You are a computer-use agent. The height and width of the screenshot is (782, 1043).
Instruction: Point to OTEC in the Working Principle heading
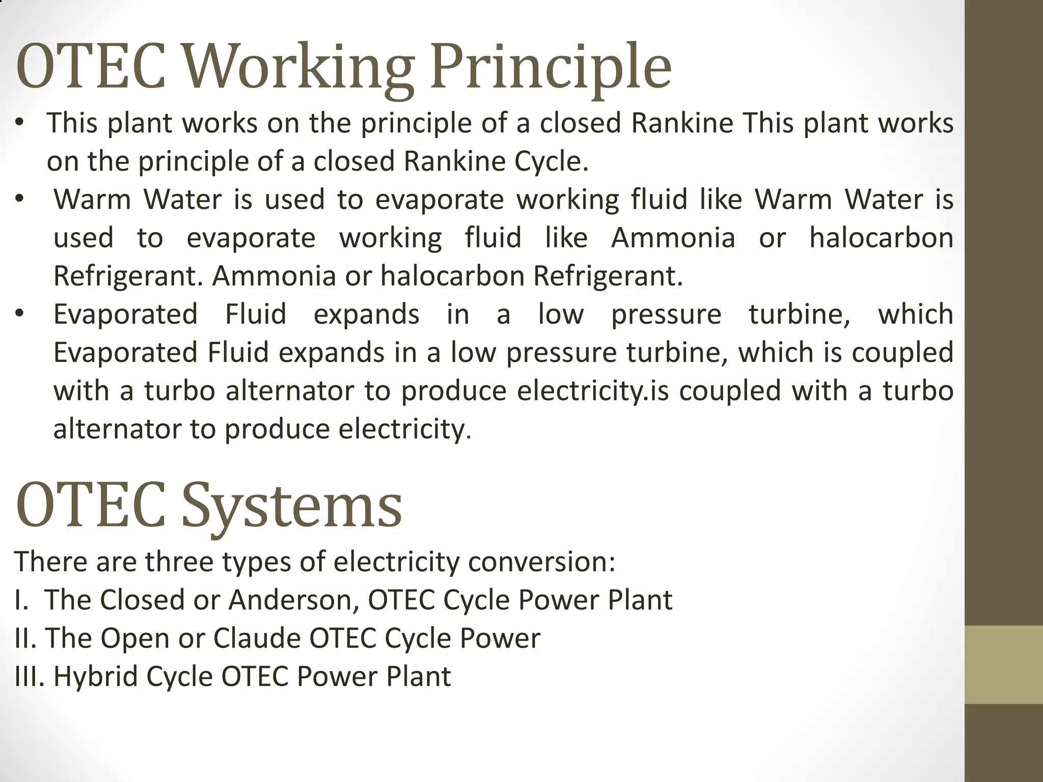[91, 68]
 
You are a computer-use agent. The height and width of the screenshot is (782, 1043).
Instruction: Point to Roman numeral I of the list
[20, 600]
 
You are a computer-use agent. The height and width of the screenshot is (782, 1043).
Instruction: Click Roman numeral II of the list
[25, 638]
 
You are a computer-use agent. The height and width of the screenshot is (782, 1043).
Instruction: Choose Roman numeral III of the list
[30, 677]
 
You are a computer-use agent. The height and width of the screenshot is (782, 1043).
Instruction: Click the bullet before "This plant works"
[19, 123]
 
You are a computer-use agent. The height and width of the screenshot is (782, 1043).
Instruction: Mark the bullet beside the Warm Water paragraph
[19, 199]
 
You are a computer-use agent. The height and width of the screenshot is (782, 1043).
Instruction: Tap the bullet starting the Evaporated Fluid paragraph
[19, 314]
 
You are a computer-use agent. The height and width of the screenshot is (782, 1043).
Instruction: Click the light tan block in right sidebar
[1004, 664]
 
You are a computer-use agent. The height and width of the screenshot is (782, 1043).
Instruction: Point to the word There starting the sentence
[49, 562]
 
